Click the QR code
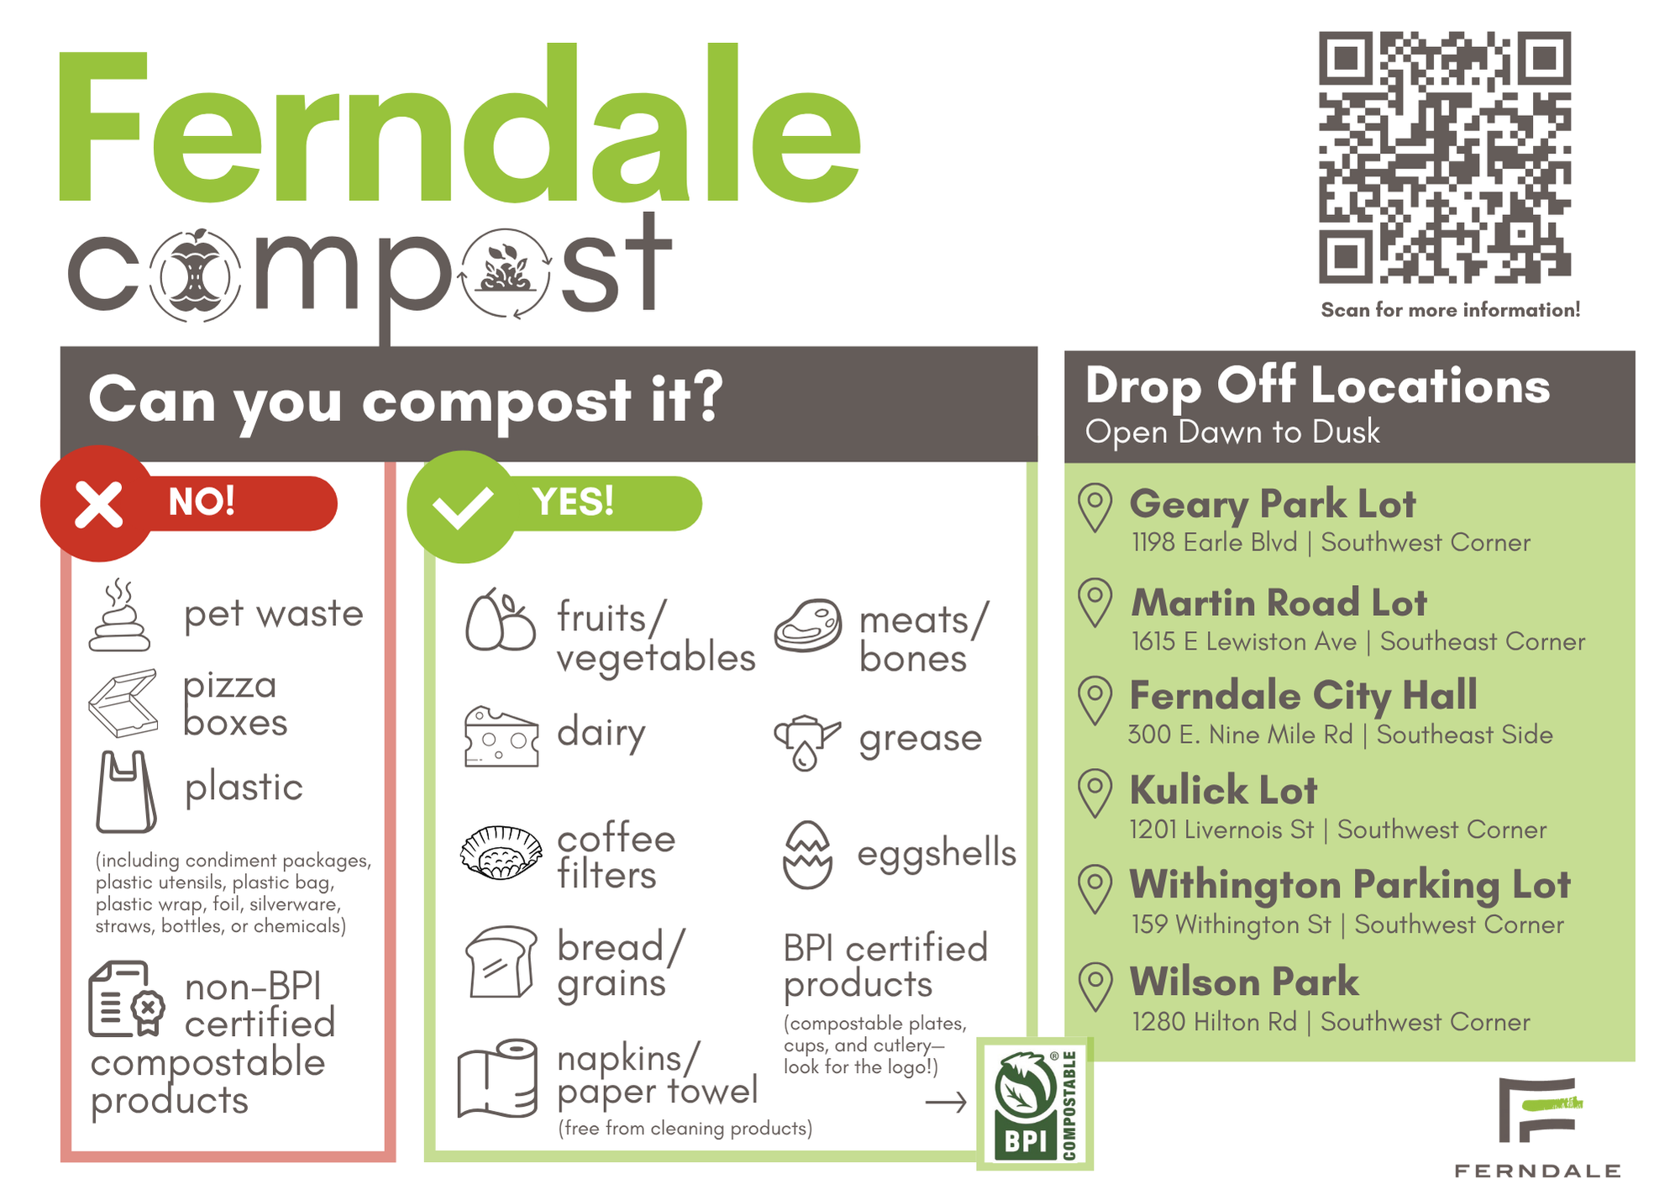click(x=1444, y=157)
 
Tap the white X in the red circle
click(x=99, y=504)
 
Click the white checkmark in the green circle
click(x=461, y=507)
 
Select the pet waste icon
click(x=119, y=616)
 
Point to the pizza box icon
click(x=123, y=703)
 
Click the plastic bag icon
click(x=126, y=792)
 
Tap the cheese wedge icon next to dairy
click(x=501, y=737)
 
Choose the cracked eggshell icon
click(x=807, y=855)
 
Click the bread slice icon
click(x=501, y=962)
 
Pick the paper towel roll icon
click(x=498, y=1078)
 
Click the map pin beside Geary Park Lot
click(x=1095, y=508)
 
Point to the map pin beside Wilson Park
click(x=1095, y=987)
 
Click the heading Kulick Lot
click(x=1223, y=791)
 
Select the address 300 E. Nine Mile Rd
click(x=1240, y=735)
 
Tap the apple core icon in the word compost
click(x=196, y=275)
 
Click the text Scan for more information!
click(x=1450, y=310)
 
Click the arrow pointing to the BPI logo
click(x=946, y=1103)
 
